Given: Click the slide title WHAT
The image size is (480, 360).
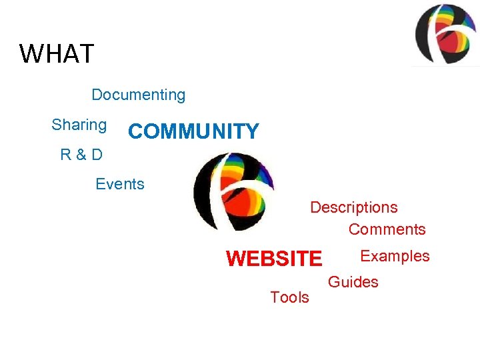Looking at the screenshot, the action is (57, 53).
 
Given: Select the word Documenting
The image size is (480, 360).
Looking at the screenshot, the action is (138, 95).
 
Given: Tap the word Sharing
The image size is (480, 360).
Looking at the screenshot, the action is (79, 125).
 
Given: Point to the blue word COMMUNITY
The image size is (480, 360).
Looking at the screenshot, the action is (193, 131).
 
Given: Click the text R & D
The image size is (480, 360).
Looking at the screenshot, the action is (81, 155).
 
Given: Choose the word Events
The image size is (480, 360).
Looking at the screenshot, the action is (120, 184).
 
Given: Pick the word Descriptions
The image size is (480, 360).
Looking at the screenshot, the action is (353, 207).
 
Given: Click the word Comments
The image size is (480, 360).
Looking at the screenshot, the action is (387, 229).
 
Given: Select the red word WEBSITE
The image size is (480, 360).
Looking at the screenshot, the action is (274, 258).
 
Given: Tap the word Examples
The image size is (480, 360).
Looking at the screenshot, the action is (395, 256).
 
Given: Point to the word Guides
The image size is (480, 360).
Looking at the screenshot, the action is (353, 282).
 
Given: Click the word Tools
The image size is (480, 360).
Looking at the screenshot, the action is (289, 297).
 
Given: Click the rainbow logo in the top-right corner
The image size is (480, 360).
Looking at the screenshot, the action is (444, 34).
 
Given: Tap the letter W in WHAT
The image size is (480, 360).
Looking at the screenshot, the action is (31, 53).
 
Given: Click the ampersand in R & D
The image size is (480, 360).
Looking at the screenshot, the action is (81, 155).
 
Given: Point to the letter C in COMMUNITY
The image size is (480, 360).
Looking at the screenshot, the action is (136, 131).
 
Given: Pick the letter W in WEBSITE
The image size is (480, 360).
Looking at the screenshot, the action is (236, 258).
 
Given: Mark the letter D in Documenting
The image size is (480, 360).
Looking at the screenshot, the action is (97, 95).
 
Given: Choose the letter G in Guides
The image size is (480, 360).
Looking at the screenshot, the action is (333, 282).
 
